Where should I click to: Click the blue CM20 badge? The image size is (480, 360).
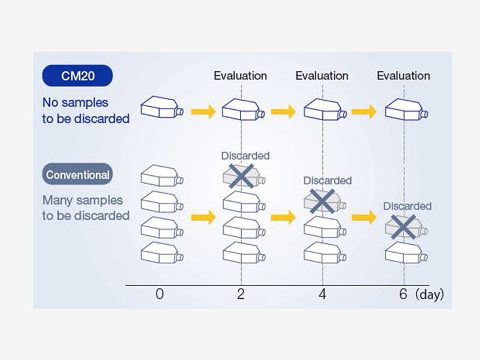tap(77, 76)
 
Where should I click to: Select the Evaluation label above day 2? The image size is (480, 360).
tap(241, 76)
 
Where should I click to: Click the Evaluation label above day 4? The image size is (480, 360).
tap(322, 76)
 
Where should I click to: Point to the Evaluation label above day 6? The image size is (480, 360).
tap(404, 76)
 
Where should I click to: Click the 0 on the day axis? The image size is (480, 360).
tap(159, 295)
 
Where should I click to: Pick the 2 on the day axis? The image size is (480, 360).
tap(241, 295)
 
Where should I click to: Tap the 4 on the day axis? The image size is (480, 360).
tap(322, 295)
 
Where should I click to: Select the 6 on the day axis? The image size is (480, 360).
tap(403, 295)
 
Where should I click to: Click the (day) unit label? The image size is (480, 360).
tap(430, 295)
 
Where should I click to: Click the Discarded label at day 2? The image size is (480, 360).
tap(245, 156)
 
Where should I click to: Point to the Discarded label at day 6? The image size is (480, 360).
tap(407, 206)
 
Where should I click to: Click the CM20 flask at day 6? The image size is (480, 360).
tap(406, 109)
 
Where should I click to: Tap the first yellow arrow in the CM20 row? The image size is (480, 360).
tap(203, 111)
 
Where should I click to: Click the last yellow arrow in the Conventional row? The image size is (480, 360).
tap(365, 217)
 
